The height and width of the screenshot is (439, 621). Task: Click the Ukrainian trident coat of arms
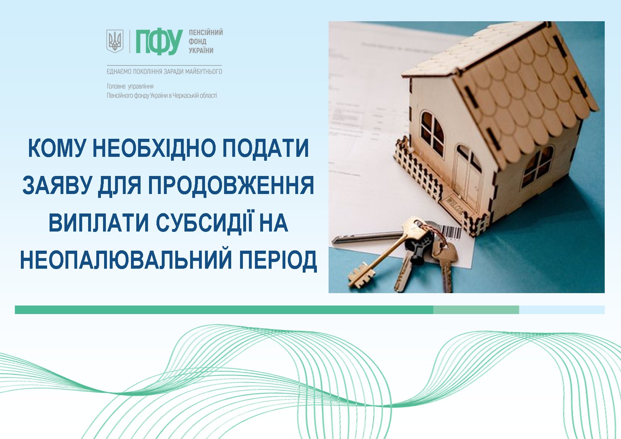[x=115, y=41]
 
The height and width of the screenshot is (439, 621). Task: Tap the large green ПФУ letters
[x=159, y=42]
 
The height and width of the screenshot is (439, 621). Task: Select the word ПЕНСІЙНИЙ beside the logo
[x=206, y=33]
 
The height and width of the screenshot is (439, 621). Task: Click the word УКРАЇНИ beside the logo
[x=201, y=50]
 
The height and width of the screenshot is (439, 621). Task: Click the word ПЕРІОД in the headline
[x=278, y=260]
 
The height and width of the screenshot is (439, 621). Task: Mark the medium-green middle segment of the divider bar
[x=476, y=310]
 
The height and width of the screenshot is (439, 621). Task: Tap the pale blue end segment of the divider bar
[x=562, y=310]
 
